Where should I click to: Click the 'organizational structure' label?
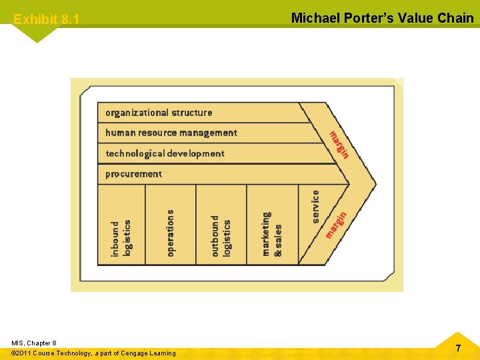[x=159, y=113]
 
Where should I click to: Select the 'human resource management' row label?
[x=171, y=133]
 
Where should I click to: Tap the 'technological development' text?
[x=165, y=153]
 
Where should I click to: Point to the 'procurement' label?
[x=134, y=174]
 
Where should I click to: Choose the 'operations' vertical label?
[x=171, y=233]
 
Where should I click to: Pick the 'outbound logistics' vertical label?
[x=221, y=235]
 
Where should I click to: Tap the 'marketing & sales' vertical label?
[x=272, y=234]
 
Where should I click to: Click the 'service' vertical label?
[x=316, y=207]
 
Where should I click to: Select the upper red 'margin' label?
[x=339, y=144]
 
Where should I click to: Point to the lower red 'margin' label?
[x=336, y=225]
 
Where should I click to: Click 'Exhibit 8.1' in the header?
[x=46, y=19]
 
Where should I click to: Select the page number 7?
[x=458, y=348]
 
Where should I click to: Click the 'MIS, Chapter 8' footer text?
[x=34, y=343]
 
